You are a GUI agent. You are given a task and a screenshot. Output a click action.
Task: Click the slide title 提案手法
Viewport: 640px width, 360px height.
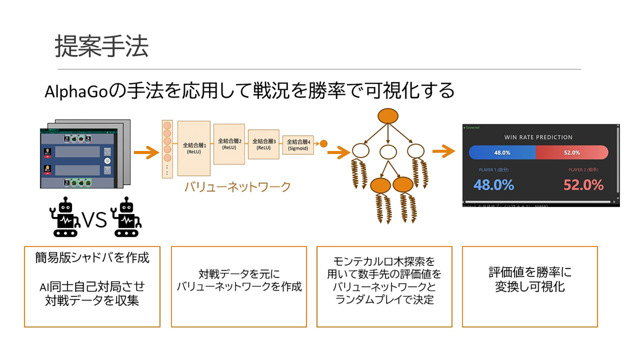point(102,46)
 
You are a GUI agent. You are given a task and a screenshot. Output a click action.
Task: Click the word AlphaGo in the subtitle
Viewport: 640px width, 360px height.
point(76,91)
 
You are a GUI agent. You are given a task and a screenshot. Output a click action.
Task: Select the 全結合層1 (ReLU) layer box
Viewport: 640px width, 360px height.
point(194,148)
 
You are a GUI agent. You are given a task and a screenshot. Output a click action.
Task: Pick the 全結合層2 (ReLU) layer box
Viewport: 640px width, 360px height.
point(229,144)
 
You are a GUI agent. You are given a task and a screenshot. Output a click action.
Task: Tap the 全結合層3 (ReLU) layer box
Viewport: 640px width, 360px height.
point(264,145)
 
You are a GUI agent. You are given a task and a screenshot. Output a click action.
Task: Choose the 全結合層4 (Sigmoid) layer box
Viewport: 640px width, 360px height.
point(298,145)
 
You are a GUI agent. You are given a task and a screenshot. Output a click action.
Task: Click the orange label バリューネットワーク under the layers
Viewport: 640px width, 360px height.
point(237,187)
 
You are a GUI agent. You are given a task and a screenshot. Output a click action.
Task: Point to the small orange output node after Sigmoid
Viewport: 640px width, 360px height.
point(324,144)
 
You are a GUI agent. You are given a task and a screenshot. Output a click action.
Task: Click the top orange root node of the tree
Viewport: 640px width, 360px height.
point(388,116)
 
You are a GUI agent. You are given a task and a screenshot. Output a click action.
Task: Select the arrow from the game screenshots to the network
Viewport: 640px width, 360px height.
point(146,152)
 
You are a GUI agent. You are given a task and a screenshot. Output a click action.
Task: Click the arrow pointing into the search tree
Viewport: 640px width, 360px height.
point(339,152)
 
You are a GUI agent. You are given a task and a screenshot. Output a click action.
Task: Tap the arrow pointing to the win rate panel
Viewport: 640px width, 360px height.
point(444,151)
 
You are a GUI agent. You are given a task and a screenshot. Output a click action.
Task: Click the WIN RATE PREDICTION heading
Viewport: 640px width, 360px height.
point(538,137)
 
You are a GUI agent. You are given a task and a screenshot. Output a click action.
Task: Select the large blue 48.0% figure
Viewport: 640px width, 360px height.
point(494,185)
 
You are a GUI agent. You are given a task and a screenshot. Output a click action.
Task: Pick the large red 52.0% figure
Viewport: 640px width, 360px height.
point(583,185)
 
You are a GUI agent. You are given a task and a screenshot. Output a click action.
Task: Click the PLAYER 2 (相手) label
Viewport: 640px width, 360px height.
point(583,170)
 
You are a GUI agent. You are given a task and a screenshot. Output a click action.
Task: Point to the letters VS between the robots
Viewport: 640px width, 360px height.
point(94,220)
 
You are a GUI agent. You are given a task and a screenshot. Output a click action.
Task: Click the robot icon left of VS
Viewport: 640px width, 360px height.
point(65,217)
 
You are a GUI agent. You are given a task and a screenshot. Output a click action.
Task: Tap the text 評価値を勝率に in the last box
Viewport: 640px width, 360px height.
point(530,272)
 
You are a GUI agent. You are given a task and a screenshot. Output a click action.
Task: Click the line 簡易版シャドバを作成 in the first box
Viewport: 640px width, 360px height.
point(92,258)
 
